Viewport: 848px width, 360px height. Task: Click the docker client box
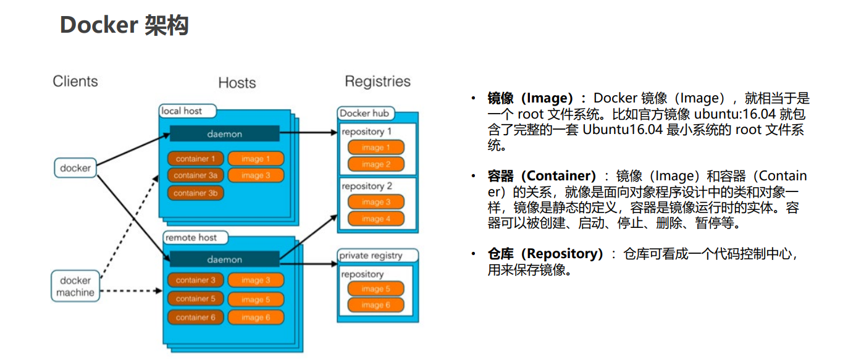pos(75,168)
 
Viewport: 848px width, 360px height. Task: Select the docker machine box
pos(75,287)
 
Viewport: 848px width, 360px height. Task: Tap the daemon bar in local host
pos(224,134)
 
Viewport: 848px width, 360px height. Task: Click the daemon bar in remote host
pos(224,260)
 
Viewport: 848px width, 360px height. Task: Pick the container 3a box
pos(195,175)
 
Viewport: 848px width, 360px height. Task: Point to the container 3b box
pos(195,193)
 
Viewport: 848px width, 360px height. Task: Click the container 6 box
pos(195,317)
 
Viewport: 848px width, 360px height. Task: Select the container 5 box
pos(195,299)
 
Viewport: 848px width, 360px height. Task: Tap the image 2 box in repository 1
pos(376,164)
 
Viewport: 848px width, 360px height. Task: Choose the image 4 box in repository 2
pos(376,219)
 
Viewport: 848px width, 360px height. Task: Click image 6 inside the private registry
pos(376,305)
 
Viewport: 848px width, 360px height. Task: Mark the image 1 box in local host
pos(256,159)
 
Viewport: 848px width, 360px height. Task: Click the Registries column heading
pos(377,82)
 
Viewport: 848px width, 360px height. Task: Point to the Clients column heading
pos(75,82)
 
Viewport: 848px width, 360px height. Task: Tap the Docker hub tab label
pos(364,113)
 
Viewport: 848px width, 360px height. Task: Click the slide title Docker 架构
pos(124,25)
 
